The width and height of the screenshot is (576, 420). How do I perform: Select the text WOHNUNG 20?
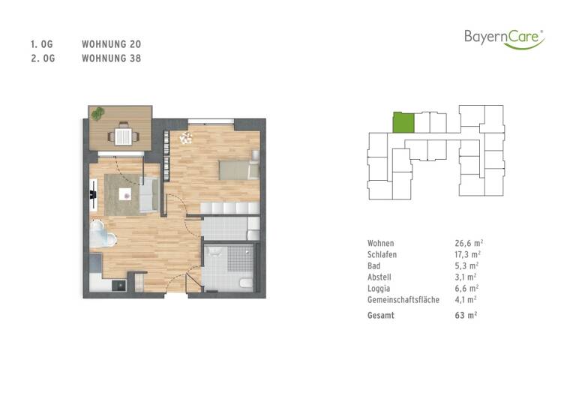click(111, 45)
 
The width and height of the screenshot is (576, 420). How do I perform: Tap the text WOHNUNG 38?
click(111, 58)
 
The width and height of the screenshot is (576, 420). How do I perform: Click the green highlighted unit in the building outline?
click(403, 122)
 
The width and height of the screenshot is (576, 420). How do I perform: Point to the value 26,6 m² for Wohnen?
click(468, 244)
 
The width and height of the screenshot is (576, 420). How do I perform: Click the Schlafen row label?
click(382, 255)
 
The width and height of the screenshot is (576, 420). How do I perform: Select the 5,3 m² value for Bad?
click(466, 265)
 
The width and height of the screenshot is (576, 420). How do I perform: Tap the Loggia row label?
click(379, 287)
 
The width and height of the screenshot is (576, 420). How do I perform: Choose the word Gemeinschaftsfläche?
click(403, 298)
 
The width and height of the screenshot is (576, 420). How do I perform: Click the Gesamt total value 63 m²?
click(466, 315)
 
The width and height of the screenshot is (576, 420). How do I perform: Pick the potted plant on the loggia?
click(98, 113)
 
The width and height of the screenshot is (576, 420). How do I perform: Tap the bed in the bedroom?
click(238, 169)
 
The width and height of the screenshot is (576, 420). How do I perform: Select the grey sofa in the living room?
click(148, 196)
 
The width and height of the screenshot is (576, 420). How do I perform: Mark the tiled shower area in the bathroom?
click(240, 260)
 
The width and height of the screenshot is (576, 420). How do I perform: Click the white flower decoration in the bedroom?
click(186, 138)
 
